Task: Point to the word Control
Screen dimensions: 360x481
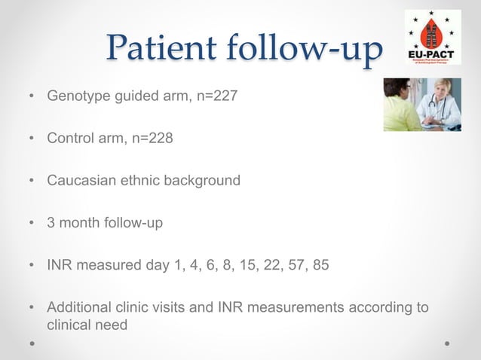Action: [68, 139]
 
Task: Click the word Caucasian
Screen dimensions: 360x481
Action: [81, 181]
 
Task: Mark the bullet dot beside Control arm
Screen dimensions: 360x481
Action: [30, 140]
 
